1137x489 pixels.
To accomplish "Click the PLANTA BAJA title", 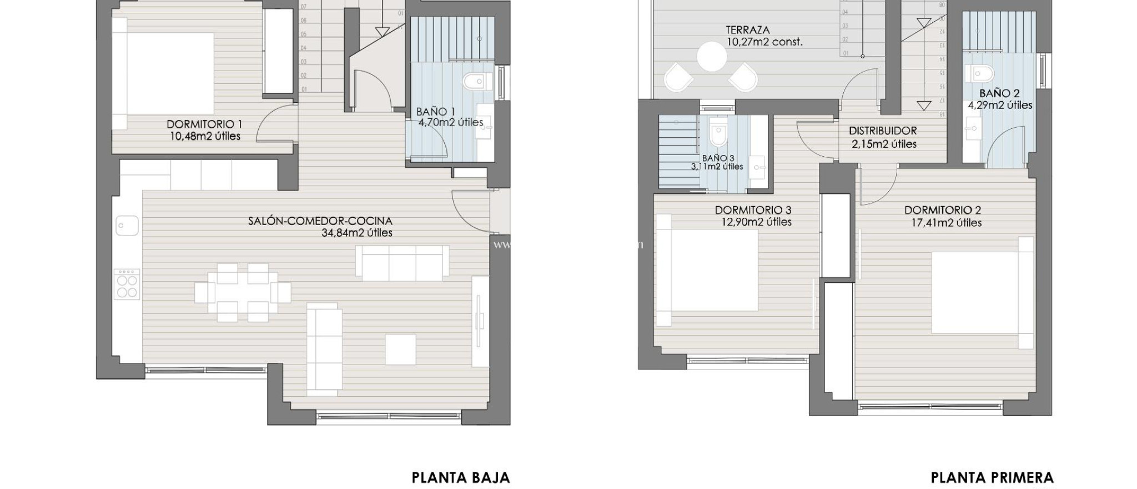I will click(x=460, y=477).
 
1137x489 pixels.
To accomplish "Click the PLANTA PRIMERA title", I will click(x=992, y=477).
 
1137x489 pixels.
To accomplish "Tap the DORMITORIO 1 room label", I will click(x=204, y=124).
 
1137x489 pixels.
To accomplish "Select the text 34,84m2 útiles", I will click(x=356, y=233).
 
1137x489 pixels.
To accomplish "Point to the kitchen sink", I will click(x=127, y=226).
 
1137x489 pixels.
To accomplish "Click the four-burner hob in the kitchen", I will click(x=127, y=285).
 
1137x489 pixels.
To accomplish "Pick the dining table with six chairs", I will click(x=242, y=293).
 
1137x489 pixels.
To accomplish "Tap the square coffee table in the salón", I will click(x=400, y=349).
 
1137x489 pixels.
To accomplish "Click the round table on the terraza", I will click(x=711, y=57).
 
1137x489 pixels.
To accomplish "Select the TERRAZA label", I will click(x=747, y=30).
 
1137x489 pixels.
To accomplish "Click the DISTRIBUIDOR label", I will click(x=882, y=131).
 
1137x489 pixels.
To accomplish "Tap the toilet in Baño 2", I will click(x=981, y=72).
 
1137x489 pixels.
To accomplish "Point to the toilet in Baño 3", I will click(x=718, y=134).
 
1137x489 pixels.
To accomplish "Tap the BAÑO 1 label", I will click(x=432, y=112).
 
